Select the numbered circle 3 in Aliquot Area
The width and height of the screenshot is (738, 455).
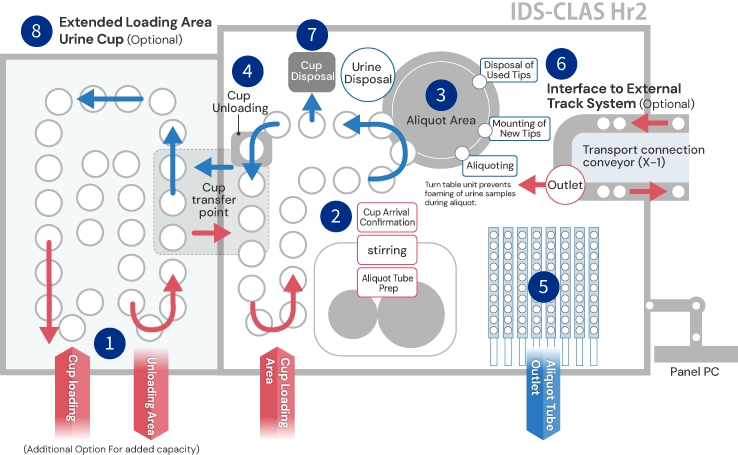point(440,95)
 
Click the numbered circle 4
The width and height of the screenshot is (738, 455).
point(246,71)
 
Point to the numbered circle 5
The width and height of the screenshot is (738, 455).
point(543,287)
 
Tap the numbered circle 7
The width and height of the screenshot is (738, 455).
point(312,35)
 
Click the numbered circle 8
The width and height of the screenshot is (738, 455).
point(36,30)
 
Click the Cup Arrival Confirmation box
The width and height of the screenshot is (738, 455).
point(387,217)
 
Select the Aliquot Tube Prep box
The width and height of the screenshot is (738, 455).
point(387,281)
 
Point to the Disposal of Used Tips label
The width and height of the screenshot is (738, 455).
point(509,71)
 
